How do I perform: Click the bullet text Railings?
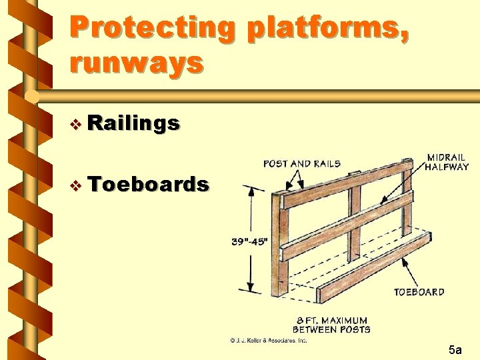pyautogui.click(x=133, y=123)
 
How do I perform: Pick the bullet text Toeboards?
pyautogui.click(x=147, y=184)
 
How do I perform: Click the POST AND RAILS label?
pyautogui.click(x=302, y=164)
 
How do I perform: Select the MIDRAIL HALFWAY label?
pyautogui.click(x=447, y=162)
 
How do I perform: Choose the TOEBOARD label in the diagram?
pyautogui.click(x=419, y=292)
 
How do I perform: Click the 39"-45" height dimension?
pyautogui.click(x=249, y=242)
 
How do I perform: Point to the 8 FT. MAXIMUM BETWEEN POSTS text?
pyautogui.click(x=331, y=325)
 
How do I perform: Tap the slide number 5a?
pyautogui.click(x=456, y=349)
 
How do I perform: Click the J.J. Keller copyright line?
pyautogui.click(x=269, y=341)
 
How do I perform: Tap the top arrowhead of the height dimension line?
pyautogui.click(x=251, y=191)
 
